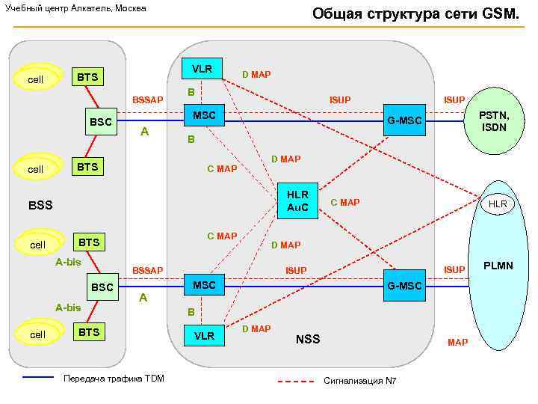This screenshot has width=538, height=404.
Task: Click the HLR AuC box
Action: (297, 201)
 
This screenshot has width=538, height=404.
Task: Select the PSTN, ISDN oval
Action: (494, 120)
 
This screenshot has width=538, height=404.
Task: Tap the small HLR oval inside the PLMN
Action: (497, 203)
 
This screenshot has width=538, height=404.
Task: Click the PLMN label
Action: (498, 266)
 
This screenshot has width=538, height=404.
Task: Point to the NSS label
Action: (307, 339)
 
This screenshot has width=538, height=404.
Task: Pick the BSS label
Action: (40, 204)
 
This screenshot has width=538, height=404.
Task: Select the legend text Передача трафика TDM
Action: (114, 378)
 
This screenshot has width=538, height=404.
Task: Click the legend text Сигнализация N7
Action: (359, 381)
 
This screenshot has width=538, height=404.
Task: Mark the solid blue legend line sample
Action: (38, 378)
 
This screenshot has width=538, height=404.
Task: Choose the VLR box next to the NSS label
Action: (204, 336)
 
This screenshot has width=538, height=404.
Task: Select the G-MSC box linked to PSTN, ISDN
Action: (403, 120)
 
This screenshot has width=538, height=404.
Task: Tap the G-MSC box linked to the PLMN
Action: (403, 286)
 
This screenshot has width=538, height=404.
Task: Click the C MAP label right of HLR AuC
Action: (344, 202)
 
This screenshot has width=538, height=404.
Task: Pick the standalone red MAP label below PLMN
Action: (457, 343)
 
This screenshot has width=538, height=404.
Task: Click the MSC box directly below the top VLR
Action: (204, 115)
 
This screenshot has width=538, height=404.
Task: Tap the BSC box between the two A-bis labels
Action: (102, 287)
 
